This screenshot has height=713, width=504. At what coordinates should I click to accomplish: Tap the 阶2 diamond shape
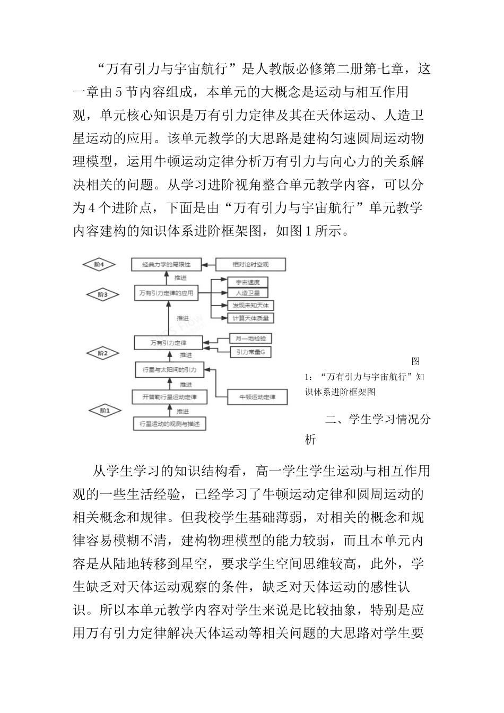click(x=102, y=352)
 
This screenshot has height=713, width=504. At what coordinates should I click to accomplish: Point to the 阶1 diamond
click(x=103, y=410)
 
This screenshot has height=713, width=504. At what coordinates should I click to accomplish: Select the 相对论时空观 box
click(x=250, y=264)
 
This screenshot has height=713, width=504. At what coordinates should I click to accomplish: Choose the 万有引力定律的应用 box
click(x=166, y=292)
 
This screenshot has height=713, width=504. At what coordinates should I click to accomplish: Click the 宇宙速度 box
click(x=247, y=282)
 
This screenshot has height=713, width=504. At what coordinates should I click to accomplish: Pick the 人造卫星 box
click(x=247, y=293)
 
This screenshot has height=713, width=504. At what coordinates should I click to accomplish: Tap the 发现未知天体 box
click(x=250, y=306)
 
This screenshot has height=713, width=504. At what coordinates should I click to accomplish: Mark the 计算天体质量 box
click(x=250, y=318)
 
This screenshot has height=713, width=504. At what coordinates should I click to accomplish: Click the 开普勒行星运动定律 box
click(x=170, y=397)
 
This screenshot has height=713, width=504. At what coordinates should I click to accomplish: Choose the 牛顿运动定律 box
click(x=257, y=397)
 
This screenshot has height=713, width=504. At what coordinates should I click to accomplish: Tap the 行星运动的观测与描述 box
click(x=169, y=424)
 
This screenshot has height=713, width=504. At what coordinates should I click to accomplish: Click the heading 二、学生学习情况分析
click(x=378, y=420)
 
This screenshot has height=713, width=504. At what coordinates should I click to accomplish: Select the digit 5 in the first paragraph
click(x=119, y=92)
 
